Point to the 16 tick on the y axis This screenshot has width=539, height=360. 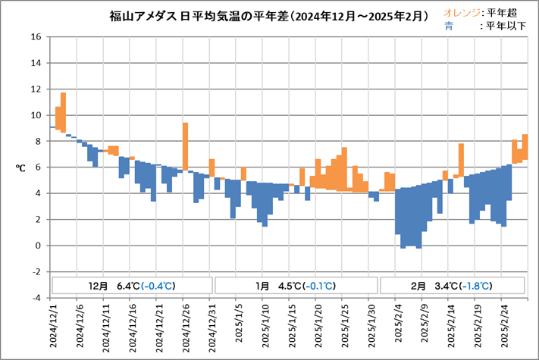tap(36, 36)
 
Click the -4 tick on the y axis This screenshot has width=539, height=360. tap(36, 298)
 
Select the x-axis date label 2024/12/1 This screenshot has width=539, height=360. tap(53, 327)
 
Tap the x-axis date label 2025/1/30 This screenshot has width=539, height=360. tap(371, 327)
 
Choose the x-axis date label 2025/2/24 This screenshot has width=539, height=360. tap(504, 327)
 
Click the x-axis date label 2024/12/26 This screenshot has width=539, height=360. tap(186, 327)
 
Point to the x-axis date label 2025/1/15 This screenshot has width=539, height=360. tap(292, 327)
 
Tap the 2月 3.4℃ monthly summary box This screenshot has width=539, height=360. tap(451, 286)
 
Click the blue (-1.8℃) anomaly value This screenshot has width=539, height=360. tap(476, 286)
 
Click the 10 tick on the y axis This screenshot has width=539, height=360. tap(36, 115)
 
